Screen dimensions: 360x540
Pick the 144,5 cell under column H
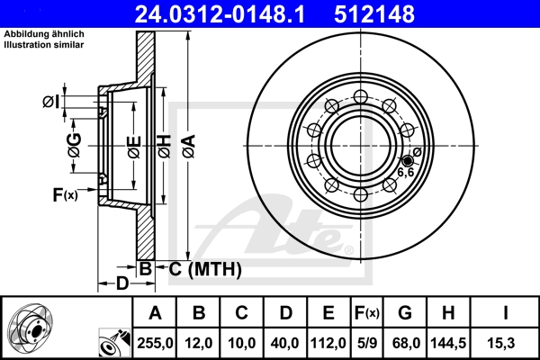click(449, 343)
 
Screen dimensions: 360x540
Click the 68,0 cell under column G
click(406, 343)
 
